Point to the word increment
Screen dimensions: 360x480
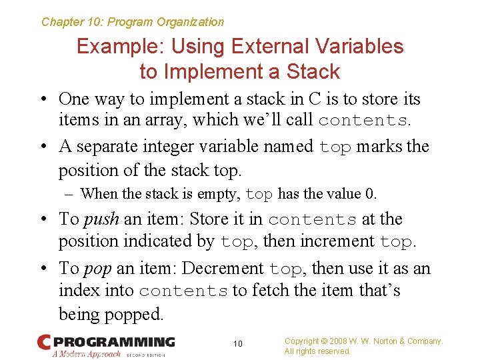(x=338, y=241)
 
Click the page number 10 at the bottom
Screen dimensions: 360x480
(x=238, y=344)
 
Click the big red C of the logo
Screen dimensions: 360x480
(x=44, y=342)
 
